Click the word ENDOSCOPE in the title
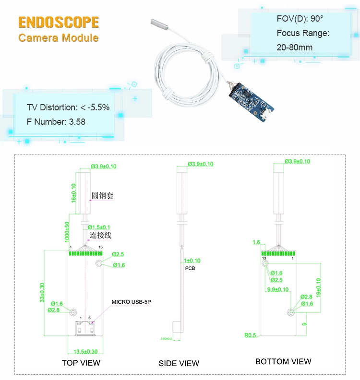coord(59,22)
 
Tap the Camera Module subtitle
coord(59,37)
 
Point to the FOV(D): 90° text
coord(300,19)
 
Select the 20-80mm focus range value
coord(294,47)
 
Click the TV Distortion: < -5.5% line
coord(68,107)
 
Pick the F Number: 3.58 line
coord(56,122)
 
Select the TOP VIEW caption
coord(81,363)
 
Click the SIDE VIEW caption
coord(179,363)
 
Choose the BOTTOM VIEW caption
coord(283,361)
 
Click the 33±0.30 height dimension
coord(42,293)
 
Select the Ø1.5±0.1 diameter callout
coord(99,227)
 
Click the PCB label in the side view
coord(190,269)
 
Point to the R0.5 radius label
coord(250,335)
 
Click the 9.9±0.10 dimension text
coord(277,289)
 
